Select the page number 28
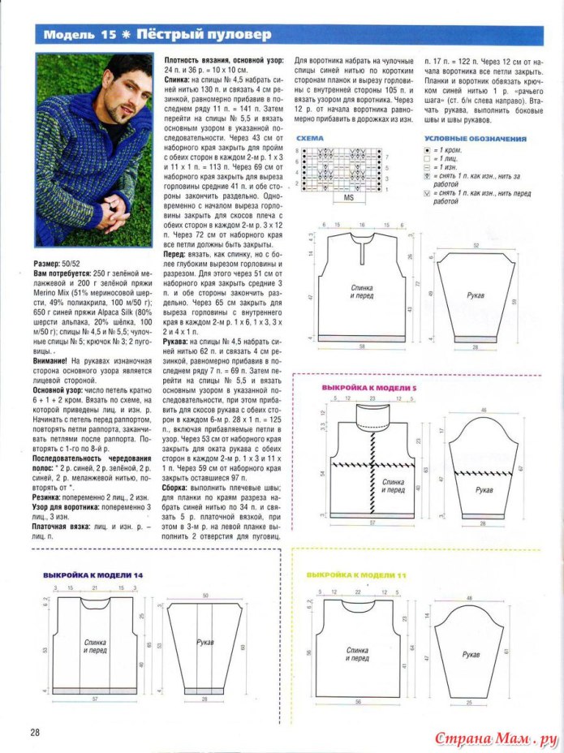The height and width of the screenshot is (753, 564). (37, 732)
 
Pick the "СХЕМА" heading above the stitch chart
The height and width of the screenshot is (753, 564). (310, 139)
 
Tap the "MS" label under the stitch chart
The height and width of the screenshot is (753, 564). (350, 197)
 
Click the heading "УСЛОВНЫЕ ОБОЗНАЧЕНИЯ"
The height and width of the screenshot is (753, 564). (476, 139)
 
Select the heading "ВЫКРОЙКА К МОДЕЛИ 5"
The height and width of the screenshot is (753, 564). (368, 388)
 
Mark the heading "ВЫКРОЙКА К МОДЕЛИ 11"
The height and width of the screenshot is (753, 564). (355, 574)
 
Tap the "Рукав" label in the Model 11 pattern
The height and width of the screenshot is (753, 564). (474, 654)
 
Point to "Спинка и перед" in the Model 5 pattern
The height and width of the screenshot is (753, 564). (394, 486)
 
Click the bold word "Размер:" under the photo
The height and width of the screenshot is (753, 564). (51, 264)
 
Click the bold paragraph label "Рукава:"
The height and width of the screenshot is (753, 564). (181, 342)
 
